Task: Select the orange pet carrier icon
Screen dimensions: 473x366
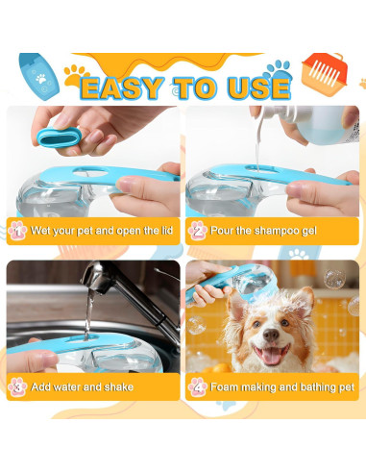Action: (328, 71)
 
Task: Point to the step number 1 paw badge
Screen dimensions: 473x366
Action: (17, 231)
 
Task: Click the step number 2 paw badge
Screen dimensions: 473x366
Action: (197, 231)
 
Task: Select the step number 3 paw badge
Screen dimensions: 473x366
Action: (17, 386)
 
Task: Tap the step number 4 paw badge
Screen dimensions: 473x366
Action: (197, 386)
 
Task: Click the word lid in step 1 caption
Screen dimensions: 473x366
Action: (163, 232)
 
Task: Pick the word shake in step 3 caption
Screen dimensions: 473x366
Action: (115, 387)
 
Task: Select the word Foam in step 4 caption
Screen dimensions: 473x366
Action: (227, 387)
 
